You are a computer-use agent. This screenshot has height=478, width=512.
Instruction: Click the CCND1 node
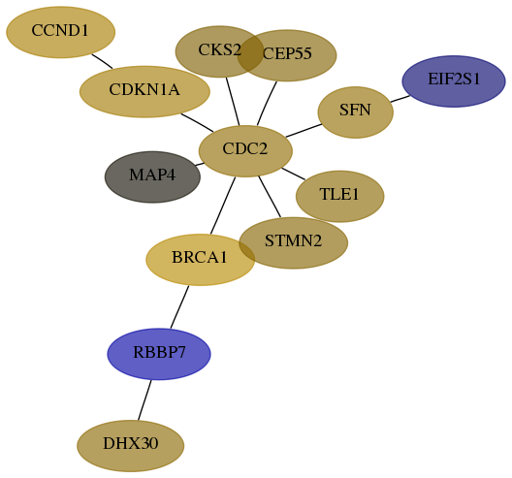click(x=61, y=32)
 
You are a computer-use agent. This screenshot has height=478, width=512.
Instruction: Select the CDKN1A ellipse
click(x=144, y=91)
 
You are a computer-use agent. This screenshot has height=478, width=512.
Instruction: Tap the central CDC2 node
click(x=245, y=151)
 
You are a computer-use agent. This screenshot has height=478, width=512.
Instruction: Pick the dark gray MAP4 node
click(x=152, y=176)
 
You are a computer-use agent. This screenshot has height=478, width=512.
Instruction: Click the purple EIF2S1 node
click(x=454, y=81)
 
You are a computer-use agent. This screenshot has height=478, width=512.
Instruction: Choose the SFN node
click(x=356, y=112)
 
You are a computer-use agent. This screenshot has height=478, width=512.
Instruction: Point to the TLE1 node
click(x=340, y=196)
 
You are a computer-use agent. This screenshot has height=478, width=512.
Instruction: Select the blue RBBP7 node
click(x=159, y=354)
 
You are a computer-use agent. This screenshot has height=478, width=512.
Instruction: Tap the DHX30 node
click(x=131, y=446)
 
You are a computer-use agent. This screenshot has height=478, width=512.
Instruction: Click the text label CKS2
click(x=220, y=50)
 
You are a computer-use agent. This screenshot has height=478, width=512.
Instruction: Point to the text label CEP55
click(x=287, y=53)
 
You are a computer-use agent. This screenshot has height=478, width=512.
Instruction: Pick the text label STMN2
click(x=293, y=241)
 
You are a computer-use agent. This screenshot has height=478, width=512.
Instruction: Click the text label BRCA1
click(x=199, y=257)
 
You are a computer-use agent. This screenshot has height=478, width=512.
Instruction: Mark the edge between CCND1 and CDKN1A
click(x=102, y=61)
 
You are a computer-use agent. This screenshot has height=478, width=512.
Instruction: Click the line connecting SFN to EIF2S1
click(x=400, y=99)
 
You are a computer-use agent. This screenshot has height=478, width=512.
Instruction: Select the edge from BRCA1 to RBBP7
click(x=179, y=307)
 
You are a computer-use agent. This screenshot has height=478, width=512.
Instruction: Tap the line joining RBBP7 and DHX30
click(x=144, y=400)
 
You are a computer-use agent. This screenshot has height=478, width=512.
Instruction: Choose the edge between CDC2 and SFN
click(x=304, y=131)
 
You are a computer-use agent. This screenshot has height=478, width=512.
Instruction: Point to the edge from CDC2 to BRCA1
click(x=223, y=206)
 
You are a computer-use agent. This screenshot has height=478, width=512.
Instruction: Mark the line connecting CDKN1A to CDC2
click(x=197, y=123)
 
